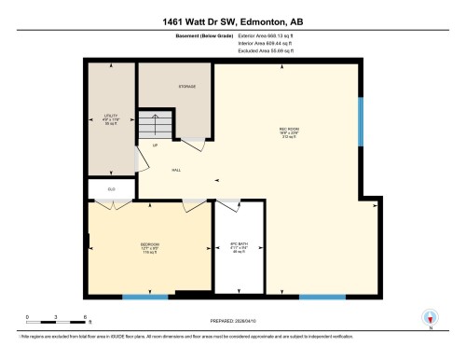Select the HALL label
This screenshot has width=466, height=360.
(x=176, y=170)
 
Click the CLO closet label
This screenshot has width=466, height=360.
(x=110, y=189)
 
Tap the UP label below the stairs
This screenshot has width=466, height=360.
(x=155, y=147)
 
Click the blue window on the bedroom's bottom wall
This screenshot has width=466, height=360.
(x=145, y=297)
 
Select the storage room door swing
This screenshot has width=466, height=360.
(x=193, y=145)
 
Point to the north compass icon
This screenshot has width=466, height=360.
(x=430, y=318)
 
